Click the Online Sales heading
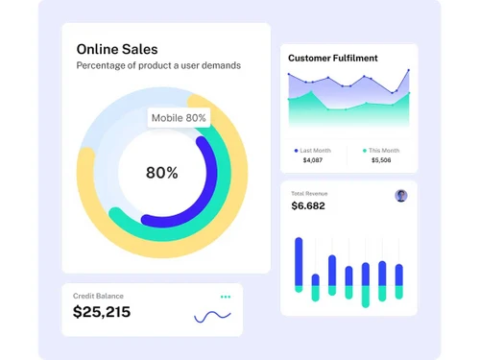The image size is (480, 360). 117,49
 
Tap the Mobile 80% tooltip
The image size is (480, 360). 180,118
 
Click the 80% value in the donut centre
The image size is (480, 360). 161,173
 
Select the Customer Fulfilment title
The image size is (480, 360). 332,58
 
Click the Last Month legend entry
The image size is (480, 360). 315,150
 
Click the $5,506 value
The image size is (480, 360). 380,160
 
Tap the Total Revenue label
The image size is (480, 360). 308,193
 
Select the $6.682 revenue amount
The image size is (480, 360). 308,205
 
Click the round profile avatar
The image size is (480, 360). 401,196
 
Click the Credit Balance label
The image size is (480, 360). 98,296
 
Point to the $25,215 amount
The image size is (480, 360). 102,312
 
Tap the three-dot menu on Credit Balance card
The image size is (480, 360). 226,297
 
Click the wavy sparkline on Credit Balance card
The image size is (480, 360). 212,315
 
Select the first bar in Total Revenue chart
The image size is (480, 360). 299,264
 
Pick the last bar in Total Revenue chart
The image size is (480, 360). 398,281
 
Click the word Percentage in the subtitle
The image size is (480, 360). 104,65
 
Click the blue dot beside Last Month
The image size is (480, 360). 296,150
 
